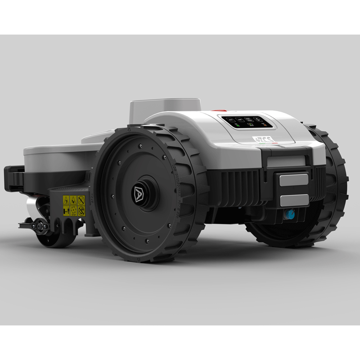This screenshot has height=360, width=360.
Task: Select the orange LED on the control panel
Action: point(266,125)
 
